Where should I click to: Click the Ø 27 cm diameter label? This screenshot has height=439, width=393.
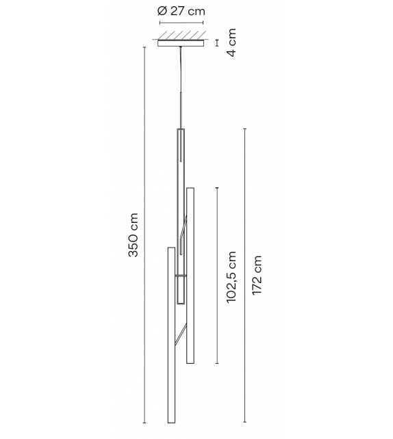click(x=181, y=12)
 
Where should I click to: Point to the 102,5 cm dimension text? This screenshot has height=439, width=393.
click(x=233, y=275)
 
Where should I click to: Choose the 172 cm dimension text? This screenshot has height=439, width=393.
click(x=257, y=276)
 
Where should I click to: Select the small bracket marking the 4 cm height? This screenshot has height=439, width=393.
click(x=216, y=44)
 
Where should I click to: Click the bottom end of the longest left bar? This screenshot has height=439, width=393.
click(x=170, y=423)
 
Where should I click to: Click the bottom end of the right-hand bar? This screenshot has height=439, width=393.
click(x=190, y=363)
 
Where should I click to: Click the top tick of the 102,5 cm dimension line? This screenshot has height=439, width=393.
click(x=217, y=187)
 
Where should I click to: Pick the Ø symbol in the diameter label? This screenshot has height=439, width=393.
click(x=161, y=12)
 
